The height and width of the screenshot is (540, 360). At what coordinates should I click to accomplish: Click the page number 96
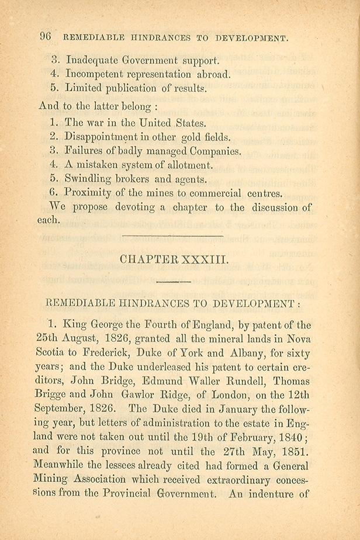click(46, 36)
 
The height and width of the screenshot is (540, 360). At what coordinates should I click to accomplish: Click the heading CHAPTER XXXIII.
click(173, 260)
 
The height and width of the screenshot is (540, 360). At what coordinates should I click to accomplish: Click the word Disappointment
click(106, 138)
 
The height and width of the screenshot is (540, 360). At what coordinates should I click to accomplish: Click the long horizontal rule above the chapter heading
click(173, 236)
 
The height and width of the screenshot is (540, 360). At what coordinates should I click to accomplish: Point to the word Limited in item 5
click(85, 88)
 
